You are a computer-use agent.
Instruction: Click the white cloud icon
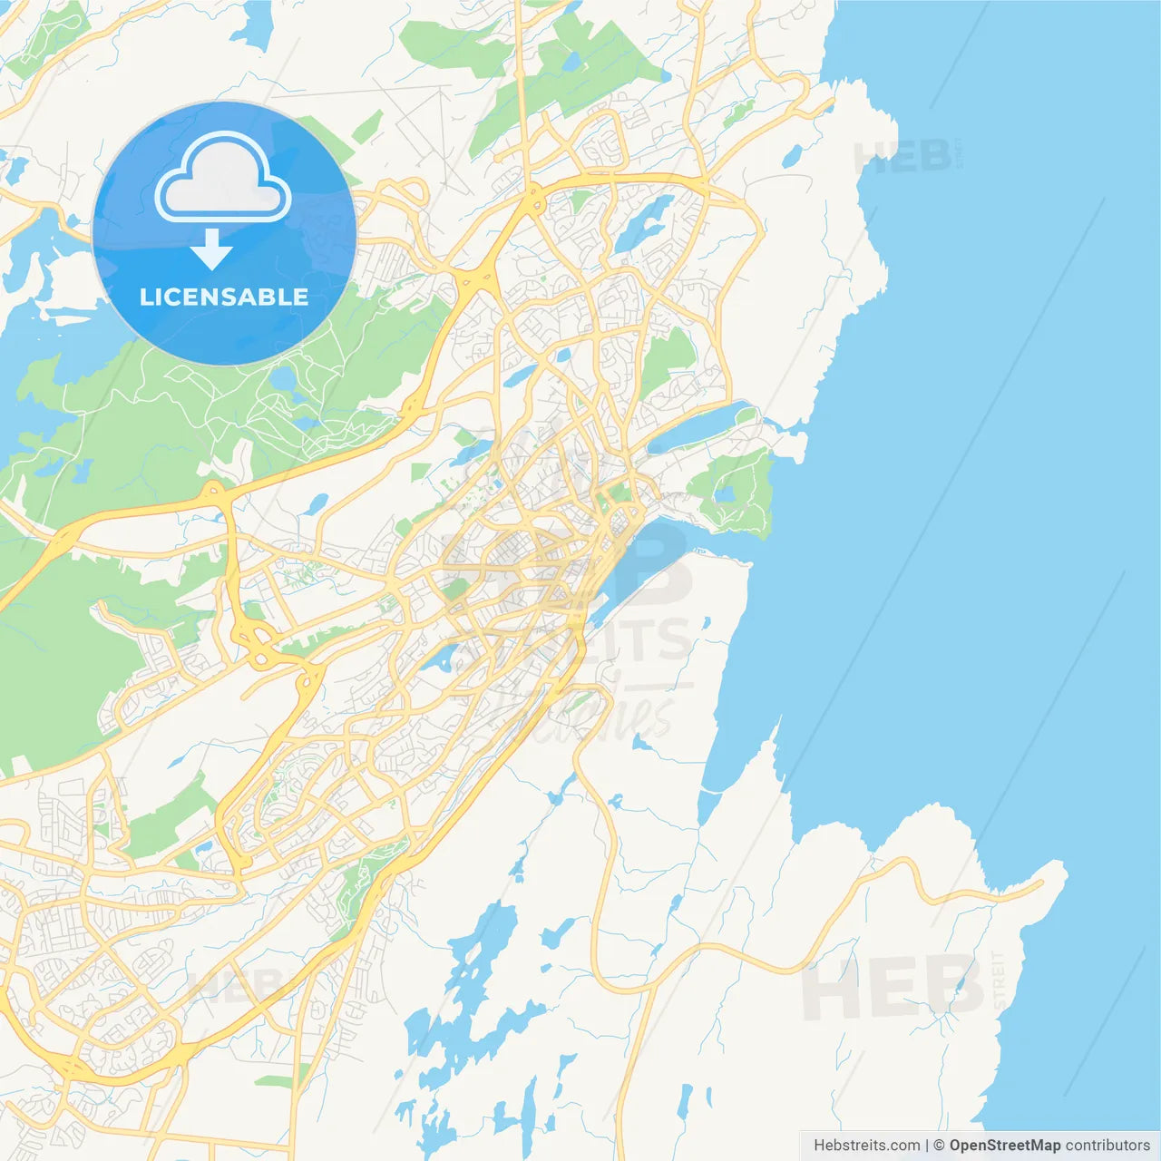coord(223,179)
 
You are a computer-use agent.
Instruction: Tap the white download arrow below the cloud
coord(211,249)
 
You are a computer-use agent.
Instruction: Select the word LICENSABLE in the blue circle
coord(224,297)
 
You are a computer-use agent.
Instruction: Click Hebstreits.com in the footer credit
coord(866,1146)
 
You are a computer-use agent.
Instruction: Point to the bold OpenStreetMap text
coord(1005,1146)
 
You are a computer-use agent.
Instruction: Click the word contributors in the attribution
coord(1107,1146)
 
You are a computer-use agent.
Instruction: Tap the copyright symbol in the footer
coord(940,1146)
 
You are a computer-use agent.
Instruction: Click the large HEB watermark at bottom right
coord(893,989)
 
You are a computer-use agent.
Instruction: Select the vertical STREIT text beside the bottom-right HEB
coord(999,981)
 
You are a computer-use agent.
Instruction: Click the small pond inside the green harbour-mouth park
coord(724,494)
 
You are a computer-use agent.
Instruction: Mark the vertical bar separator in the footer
coord(927,1146)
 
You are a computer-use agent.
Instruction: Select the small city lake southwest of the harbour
coord(438,658)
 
